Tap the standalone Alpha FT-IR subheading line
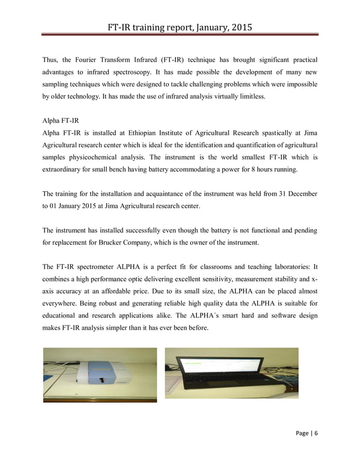click(x=60, y=121)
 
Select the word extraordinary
click(x=65, y=171)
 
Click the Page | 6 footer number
click(x=308, y=433)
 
